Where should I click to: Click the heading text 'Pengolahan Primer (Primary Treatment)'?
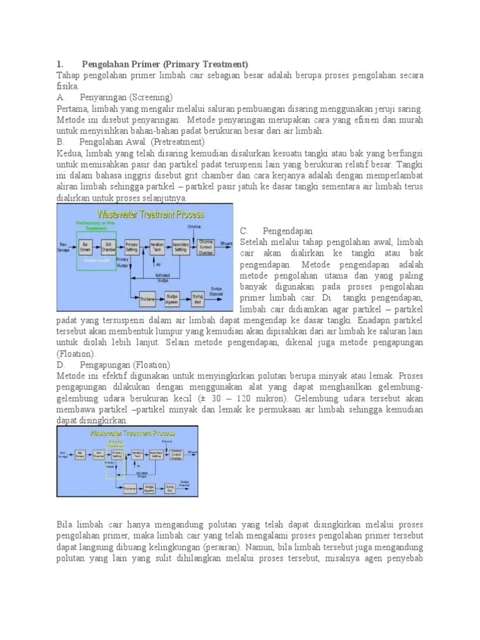tap(165, 64)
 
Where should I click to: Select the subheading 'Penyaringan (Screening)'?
tap(126, 98)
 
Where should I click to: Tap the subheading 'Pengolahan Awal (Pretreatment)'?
tap(130, 142)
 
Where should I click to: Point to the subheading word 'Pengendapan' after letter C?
tap(288, 231)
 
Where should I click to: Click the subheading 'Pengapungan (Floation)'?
tap(125, 364)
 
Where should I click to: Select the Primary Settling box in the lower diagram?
tap(114, 454)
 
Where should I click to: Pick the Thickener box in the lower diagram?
tap(131, 487)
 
